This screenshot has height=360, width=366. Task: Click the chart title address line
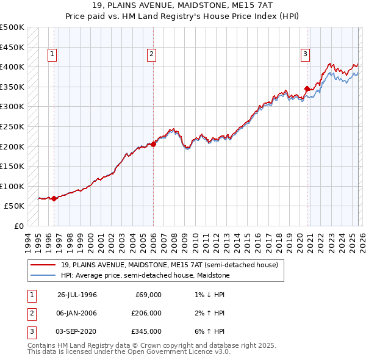point(183,5)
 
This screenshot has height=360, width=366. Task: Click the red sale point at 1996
point(54,198)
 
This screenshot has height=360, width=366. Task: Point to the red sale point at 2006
point(153,144)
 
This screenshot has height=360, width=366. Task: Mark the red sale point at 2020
point(307,88)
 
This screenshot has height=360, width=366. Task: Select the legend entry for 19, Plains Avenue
point(169,265)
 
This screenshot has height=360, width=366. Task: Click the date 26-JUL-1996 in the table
point(77,295)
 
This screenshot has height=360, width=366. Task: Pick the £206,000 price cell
point(146,313)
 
